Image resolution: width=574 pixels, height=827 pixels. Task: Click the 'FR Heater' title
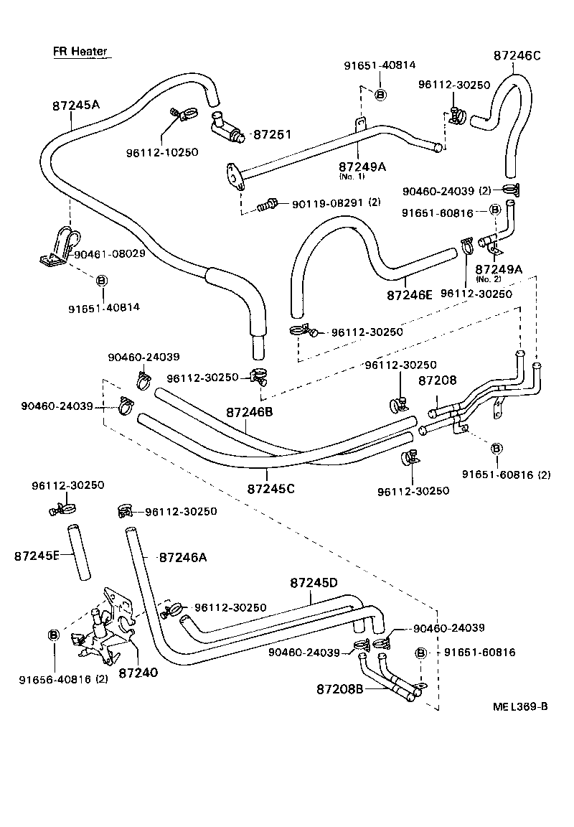pyautogui.click(x=80, y=51)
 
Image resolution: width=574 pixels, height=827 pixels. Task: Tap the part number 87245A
pyautogui.click(x=76, y=104)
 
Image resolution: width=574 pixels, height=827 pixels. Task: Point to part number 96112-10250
pyautogui.click(x=162, y=152)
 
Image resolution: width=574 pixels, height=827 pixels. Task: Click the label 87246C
pyautogui.click(x=517, y=55)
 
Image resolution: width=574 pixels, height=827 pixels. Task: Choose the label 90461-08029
pyautogui.click(x=110, y=253)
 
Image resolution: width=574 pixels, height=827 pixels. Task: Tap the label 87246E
pyautogui.click(x=410, y=295)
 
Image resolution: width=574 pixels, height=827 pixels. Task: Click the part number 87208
pyautogui.click(x=437, y=380)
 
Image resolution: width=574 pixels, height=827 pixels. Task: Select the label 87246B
pyautogui.click(x=250, y=411)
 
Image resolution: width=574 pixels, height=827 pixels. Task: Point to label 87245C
pyautogui.click(x=271, y=488)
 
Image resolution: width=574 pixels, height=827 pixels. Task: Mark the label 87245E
pyautogui.click(x=37, y=556)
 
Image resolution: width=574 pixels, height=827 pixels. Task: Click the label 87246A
pyautogui.click(x=183, y=557)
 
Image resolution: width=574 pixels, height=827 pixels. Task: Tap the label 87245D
pyautogui.click(x=314, y=583)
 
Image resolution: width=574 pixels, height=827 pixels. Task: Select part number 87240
pyautogui.click(x=138, y=673)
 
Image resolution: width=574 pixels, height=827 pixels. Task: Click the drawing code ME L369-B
pyautogui.click(x=520, y=706)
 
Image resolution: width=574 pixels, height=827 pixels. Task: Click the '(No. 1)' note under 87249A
pyautogui.click(x=352, y=177)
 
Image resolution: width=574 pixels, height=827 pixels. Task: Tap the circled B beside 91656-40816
pyautogui.click(x=54, y=635)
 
